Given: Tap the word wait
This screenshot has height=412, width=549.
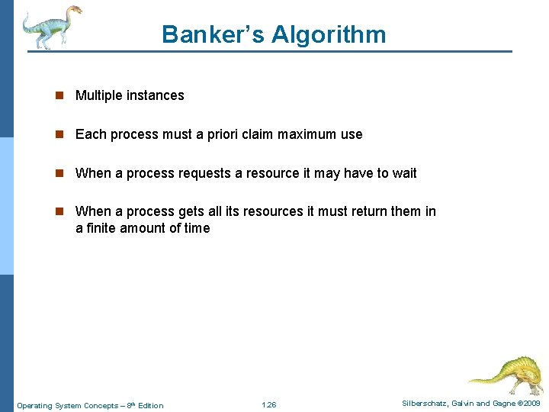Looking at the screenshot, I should click(x=405, y=173).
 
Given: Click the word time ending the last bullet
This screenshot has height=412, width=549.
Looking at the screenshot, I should click(x=195, y=228).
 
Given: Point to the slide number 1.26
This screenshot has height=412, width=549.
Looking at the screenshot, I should click(x=268, y=405).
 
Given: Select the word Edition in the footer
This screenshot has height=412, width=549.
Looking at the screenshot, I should click(x=151, y=405).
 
